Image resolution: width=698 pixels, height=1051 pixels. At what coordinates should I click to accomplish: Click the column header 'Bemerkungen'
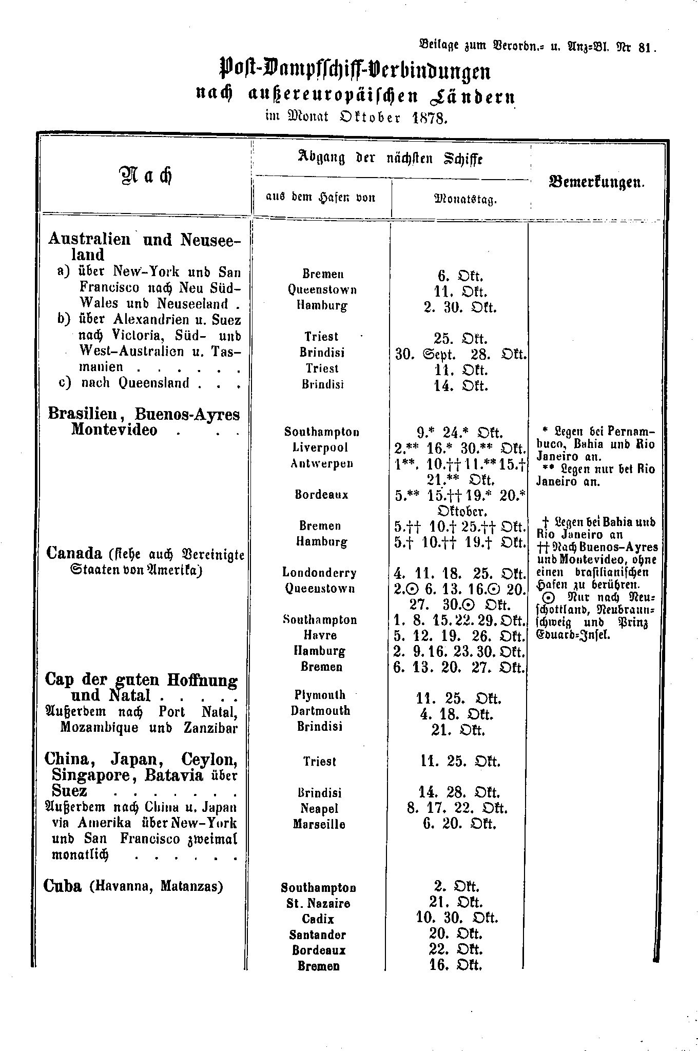[597, 182]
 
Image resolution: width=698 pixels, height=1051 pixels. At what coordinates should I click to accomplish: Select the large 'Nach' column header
[145, 176]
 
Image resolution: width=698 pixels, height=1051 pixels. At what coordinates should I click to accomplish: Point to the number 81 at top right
[645, 48]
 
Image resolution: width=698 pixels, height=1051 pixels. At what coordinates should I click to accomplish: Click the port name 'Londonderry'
[319, 573]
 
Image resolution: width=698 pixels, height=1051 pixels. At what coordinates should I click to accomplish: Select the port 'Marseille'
[319, 824]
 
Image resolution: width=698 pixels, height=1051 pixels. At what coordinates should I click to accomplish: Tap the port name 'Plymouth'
[320, 695]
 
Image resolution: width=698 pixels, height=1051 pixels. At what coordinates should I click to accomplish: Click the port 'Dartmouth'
[320, 711]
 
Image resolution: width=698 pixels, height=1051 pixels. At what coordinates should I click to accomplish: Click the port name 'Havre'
[320, 635]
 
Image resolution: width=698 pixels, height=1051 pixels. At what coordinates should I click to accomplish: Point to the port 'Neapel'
[319, 808]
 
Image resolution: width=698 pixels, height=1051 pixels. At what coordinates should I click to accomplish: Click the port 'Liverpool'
[319, 447]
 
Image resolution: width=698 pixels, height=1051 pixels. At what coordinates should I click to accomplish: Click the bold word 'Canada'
[74, 553]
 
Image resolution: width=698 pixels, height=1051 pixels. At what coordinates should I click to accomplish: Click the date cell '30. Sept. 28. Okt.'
[460, 354]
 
